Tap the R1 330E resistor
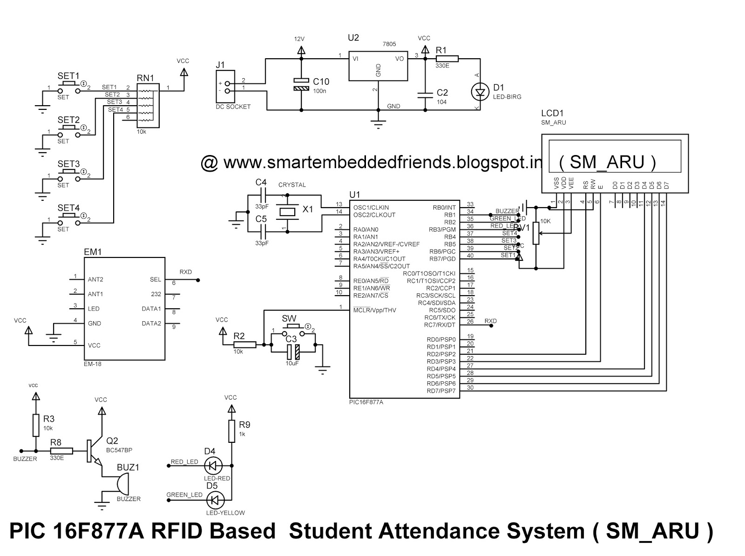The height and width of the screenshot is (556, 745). (x=447, y=59)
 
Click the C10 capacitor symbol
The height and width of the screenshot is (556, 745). (x=301, y=84)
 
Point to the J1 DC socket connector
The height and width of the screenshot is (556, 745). (x=227, y=87)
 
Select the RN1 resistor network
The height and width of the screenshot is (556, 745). (x=148, y=106)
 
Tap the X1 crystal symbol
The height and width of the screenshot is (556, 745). (x=285, y=212)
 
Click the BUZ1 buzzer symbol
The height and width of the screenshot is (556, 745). (x=121, y=484)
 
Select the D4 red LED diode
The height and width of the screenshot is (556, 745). (x=214, y=465)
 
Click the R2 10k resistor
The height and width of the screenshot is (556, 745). (x=244, y=345)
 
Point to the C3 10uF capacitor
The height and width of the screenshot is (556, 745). (x=292, y=352)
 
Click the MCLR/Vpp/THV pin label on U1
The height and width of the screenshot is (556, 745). (x=374, y=310)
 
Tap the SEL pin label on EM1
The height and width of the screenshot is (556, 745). (x=155, y=279)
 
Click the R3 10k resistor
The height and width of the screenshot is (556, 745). (x=36, y=425)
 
